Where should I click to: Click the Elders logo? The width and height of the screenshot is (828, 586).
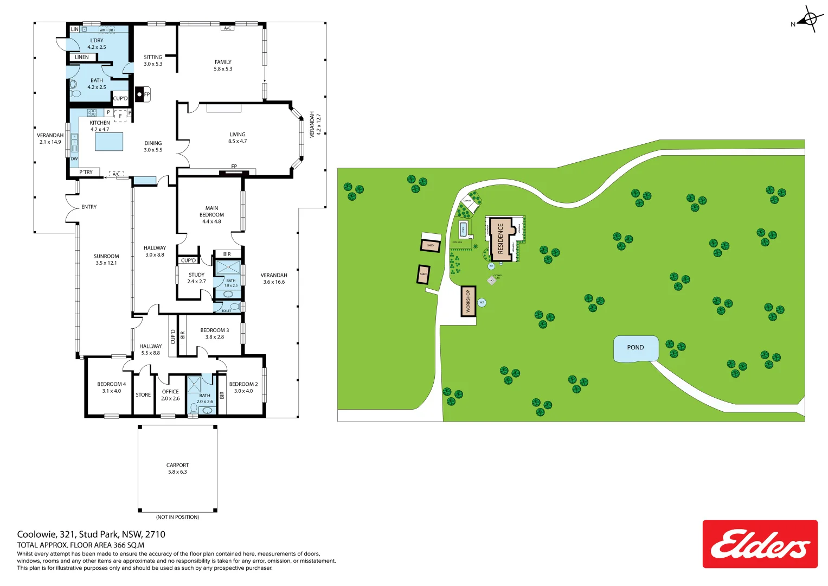coord(760,544)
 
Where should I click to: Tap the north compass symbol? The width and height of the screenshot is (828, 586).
coord(810,20)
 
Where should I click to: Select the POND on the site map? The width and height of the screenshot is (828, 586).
coord(636,348)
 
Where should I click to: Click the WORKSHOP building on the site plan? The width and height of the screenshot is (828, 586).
coord(468,301)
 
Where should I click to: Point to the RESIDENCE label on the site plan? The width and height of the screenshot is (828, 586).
coord(500,239)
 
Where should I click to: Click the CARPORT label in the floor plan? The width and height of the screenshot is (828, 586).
coord(177,465)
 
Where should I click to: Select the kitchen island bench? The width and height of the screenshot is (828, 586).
coord(109,141)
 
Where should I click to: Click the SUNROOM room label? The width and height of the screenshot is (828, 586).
coord(106,256)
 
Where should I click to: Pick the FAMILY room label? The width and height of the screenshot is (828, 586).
coord(223,62)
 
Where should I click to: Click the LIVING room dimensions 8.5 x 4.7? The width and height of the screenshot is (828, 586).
coord(238,141)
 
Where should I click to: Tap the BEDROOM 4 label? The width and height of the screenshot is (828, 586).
coord(111,384)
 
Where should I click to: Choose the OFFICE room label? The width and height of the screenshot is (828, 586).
coord(170,391)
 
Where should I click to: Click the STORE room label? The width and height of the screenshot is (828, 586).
coord(143,395)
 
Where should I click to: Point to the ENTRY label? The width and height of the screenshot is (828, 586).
coord(89,207)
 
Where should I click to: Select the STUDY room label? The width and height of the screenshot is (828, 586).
coord(196,275)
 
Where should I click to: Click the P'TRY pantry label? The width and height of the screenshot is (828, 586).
coord(86,172)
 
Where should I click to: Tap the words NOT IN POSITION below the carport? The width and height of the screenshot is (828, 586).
coord(177,517)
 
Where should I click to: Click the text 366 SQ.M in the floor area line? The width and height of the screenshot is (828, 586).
coord(129,545)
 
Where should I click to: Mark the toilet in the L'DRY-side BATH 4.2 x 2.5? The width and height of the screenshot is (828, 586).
coord(74,86)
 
